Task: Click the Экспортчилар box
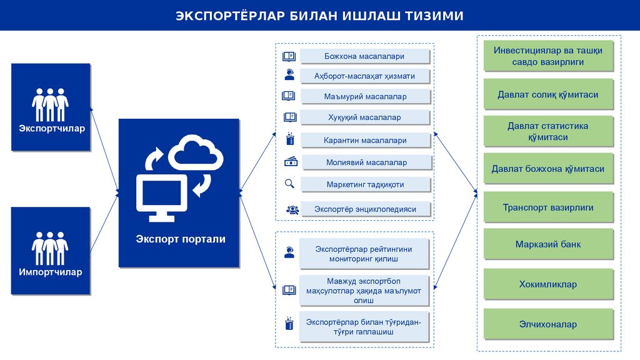(x=51, y=107)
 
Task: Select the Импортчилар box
(x=51, y=251)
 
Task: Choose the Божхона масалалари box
(x=364, y=56)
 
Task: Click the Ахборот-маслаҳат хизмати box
(x=364, y=76)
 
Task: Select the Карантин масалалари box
(x=365, y=141)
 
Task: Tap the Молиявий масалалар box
(x=366, y=162)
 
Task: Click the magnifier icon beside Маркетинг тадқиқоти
(x=289, y=184)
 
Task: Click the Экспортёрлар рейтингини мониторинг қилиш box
(x=364, y=253)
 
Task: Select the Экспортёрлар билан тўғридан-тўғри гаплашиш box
(x=364, y=326)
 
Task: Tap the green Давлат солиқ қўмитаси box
(x=548, y=95)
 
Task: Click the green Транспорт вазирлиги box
(x=548, y=207)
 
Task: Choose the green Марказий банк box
(x=548, y=244)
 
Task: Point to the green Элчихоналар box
(x=548, y=324)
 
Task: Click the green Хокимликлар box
(x=548, y=284)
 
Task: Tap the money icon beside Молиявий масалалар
(x=291, y=162)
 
